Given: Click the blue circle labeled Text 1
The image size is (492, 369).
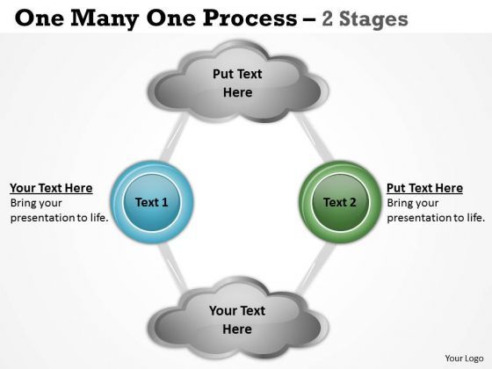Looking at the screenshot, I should (152, 202).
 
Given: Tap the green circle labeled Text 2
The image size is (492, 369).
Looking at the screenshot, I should (340, 202).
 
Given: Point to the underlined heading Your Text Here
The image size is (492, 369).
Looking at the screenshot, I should (51, 188).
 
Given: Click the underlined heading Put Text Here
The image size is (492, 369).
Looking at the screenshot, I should (424, 188).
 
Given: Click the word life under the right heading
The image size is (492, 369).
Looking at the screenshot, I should (473, 217).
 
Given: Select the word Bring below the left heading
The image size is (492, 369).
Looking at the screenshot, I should (25, 203).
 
